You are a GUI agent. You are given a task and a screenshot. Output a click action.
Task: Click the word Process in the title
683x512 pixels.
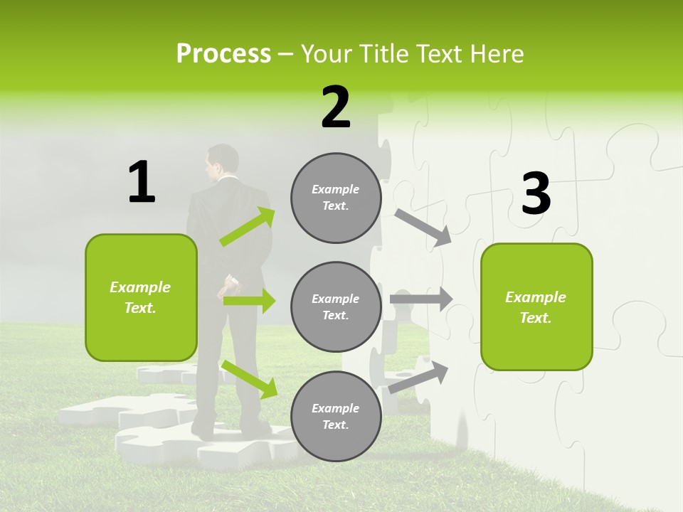223,53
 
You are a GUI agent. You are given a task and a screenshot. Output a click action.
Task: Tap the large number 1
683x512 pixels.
142,182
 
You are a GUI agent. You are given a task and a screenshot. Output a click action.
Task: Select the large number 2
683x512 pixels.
336,107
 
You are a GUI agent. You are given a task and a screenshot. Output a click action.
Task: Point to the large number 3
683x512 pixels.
536,194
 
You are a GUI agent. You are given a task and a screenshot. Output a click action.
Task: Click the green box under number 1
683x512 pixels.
141,297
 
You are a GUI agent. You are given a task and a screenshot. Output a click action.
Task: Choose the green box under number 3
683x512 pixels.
536,307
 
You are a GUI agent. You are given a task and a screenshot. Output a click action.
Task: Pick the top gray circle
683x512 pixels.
336,198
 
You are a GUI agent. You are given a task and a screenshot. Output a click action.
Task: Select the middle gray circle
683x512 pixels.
336,307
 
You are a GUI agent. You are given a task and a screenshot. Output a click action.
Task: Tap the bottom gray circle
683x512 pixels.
336,417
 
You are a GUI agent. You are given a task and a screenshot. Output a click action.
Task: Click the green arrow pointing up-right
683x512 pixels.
248,227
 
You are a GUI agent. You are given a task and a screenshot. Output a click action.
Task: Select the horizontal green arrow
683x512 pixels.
249,301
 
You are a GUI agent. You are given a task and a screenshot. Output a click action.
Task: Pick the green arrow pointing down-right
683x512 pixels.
249,379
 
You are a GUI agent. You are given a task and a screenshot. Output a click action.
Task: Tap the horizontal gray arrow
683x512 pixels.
421,299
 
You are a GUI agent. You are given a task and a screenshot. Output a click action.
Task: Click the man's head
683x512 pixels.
223,162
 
